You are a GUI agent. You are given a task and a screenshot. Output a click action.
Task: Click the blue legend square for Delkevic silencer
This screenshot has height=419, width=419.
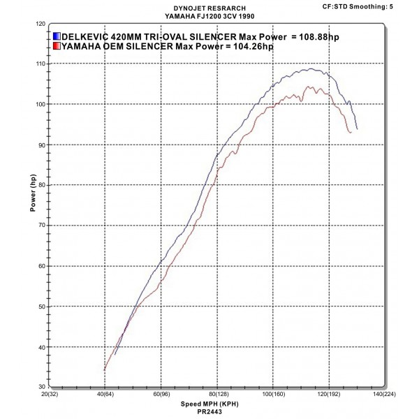point(57,36)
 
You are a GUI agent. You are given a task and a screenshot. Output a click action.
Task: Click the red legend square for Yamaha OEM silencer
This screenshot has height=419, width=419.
point(57,47)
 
